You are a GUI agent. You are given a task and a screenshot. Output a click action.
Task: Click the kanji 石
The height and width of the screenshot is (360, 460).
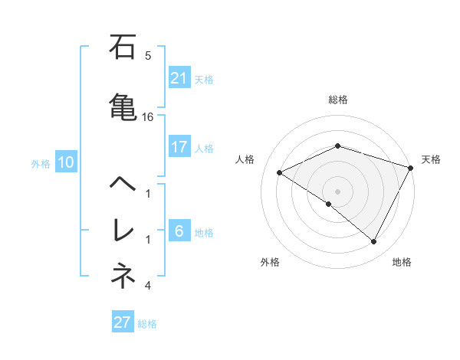point(123,48)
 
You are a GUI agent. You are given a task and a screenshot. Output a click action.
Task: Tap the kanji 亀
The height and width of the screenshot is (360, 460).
point(123,105)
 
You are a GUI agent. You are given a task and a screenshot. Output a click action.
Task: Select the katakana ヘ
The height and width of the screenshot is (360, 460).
point(123,185)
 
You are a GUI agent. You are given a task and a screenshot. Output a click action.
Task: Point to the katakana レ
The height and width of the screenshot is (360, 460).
point(123,231)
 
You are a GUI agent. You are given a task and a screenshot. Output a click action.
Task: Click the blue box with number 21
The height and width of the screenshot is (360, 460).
point(179,77)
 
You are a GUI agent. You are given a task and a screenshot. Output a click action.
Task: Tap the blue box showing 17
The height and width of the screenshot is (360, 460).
point(179,147)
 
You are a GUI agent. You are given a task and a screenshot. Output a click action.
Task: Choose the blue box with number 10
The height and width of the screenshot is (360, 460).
point(66,162)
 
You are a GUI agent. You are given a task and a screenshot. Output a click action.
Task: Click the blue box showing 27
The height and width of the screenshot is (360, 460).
point(123,322)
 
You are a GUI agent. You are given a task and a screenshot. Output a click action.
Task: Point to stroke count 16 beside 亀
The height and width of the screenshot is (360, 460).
point(148,117)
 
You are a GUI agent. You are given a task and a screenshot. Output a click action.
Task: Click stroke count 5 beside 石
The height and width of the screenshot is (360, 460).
point(148,55)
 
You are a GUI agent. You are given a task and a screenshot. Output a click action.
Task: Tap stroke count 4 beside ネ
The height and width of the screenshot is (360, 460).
point(148,286)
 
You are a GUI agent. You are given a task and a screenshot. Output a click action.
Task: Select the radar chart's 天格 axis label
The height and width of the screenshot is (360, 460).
point(431,159)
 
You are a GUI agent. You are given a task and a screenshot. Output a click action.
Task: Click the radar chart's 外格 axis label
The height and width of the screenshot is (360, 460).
point(270,262)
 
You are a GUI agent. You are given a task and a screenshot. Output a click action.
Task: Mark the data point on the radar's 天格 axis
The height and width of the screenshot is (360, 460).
point(412,167)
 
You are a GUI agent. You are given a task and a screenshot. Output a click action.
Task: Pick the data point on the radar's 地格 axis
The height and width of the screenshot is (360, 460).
point(374,242)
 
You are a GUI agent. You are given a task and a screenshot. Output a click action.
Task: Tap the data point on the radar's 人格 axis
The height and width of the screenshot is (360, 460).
point(280,173)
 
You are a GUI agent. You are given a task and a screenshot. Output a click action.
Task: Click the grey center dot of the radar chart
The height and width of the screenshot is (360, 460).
point(337,191)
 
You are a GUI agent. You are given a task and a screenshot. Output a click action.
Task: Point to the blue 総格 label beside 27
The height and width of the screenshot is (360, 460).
point(147,324)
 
